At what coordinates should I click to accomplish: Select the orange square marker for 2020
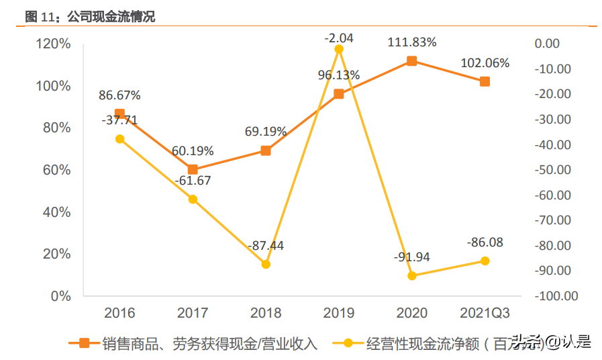point(411,61)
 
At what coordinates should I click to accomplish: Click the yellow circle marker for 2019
point(339,49)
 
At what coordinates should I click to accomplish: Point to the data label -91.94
point(411,257)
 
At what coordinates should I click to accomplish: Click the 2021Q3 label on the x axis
point(485,313)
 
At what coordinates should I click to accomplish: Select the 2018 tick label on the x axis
point(266,313)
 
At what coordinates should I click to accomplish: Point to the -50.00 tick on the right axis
point(552,170)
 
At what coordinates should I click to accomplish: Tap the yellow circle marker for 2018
point(266,265)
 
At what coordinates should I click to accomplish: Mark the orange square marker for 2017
point(193,170)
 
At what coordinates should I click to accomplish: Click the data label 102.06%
point(485,63)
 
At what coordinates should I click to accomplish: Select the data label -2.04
point(338,38)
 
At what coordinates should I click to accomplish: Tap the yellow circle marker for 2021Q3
point(485,261)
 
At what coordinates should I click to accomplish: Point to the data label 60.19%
point(193,150)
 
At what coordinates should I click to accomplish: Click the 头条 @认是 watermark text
point(552,343)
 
